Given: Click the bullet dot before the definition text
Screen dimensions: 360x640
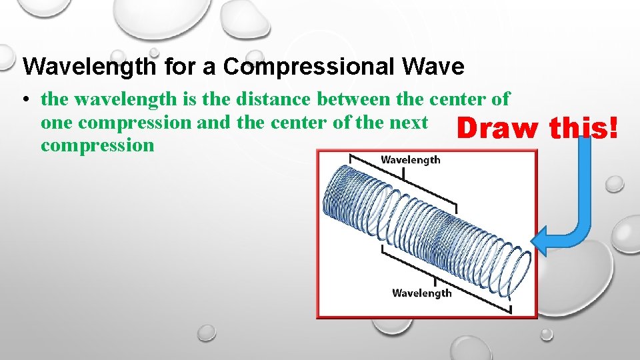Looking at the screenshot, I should pyautogui.click(x=24, y=101).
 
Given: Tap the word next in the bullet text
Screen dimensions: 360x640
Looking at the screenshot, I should pyautogui.click(x=407, y=122).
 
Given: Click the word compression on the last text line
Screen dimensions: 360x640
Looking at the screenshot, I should pyautogui.click(x=97, y=145).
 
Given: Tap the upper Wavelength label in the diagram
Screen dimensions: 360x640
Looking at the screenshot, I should pyautogui.click(x=410, y=159).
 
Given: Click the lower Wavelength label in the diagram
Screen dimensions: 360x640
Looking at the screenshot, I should pyautogui.click(x=421, y=293).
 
